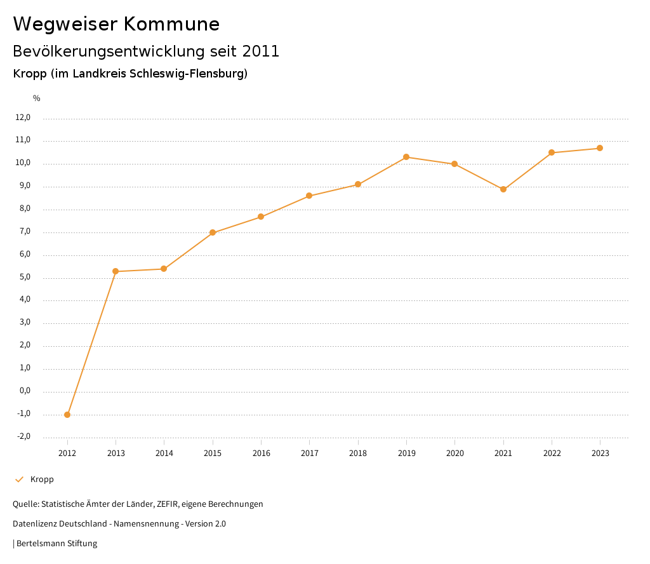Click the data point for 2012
pyautogui.click(x=67, y=415)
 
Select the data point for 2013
pyautogui.click(x=116, y=271)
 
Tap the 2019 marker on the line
pyautogui.click(x=406, y=157)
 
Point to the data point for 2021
pyautogui.click(x=503, y=189)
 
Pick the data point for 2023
pyautogui.click(x=600, y=148)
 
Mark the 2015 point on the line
pyautogui.click(x=213, y=232)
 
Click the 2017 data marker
pyautogui.click(x=309, y=196)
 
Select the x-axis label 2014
pyautogui.click(x=164, y=453)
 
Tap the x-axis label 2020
pyautogui.click(x=454, y=453)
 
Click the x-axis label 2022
pyautogui.click(x=552, y=453)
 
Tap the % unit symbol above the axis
pyautogui.click(x=37, y=98)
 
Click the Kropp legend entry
pyautogui.click(x=42, y=480)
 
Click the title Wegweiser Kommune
pyautogui.click(x=116, y=24)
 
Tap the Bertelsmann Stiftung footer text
pyautogui.click(x=56, y=544)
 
